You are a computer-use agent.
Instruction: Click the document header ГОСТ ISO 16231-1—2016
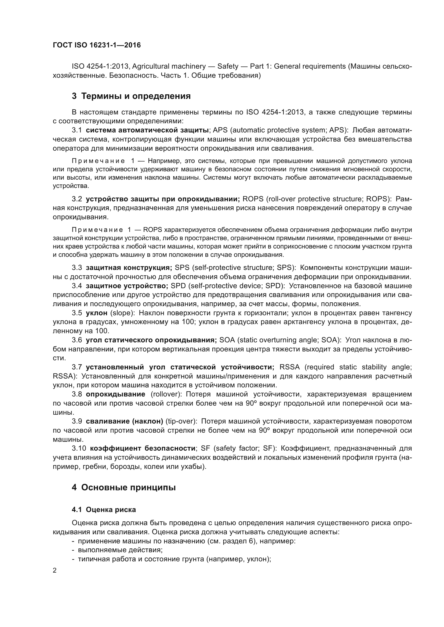(x=97, y=45)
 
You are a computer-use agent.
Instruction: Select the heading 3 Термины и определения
(x=131, y=96)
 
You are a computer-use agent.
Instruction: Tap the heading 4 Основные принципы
(x=123, y=487)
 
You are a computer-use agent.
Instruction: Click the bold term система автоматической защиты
(x=147, y=130)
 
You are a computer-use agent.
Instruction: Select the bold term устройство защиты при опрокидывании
(x=163, y=199)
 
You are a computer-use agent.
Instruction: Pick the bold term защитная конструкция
(x=129, y=267)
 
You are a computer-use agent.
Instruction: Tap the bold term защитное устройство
(x=127, y=286)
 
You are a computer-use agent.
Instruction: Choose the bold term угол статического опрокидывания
(x=151, y=340)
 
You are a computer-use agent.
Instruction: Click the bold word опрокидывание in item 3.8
(x=115, y=394)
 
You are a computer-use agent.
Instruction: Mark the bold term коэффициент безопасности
(x=143, y=448)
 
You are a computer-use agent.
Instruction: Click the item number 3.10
(x=79, y=448)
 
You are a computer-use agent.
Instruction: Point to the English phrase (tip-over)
(x=181, y=421)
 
